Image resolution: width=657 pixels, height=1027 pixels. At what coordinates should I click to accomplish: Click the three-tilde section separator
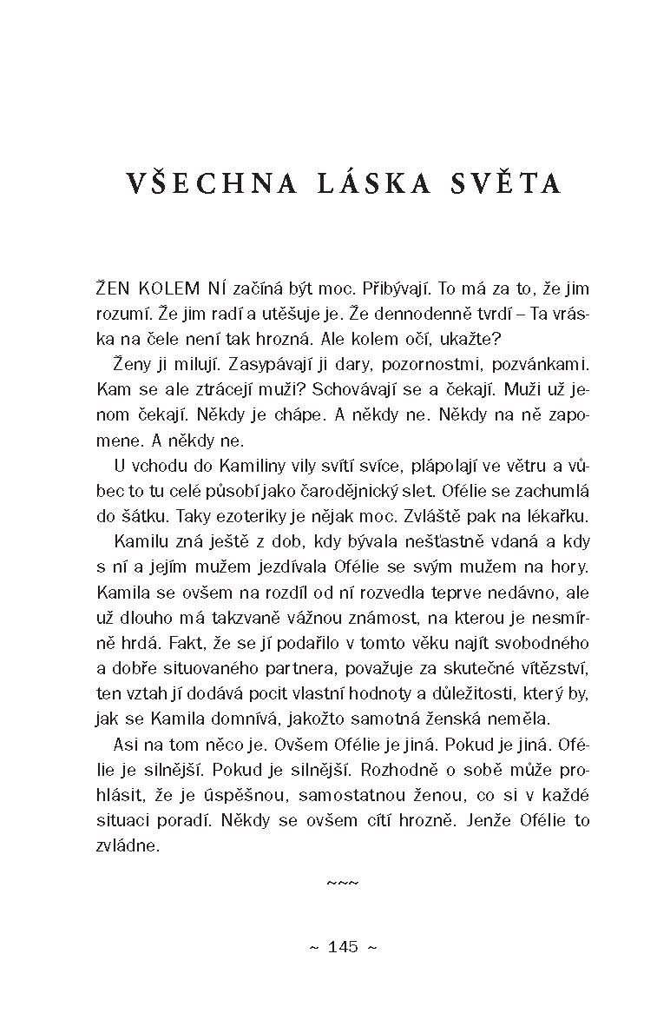click(x=343, y=884)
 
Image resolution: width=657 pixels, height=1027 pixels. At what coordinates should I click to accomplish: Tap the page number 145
click(x=343, y=947)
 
